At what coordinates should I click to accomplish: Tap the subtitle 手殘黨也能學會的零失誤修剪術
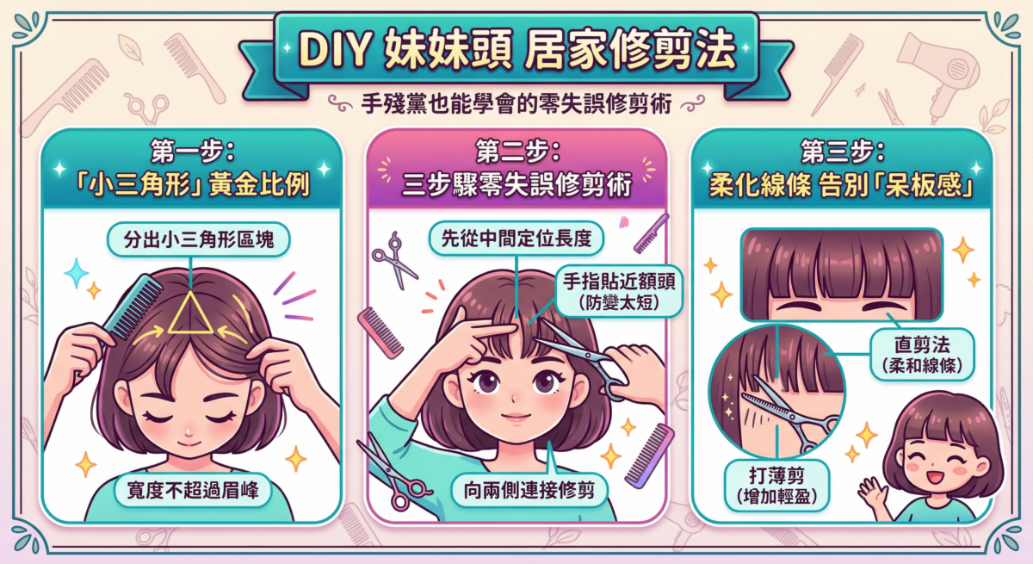[516, 104]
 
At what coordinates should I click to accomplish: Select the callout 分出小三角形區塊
[198, 240]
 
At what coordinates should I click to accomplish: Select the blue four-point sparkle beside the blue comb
[76, 275]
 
